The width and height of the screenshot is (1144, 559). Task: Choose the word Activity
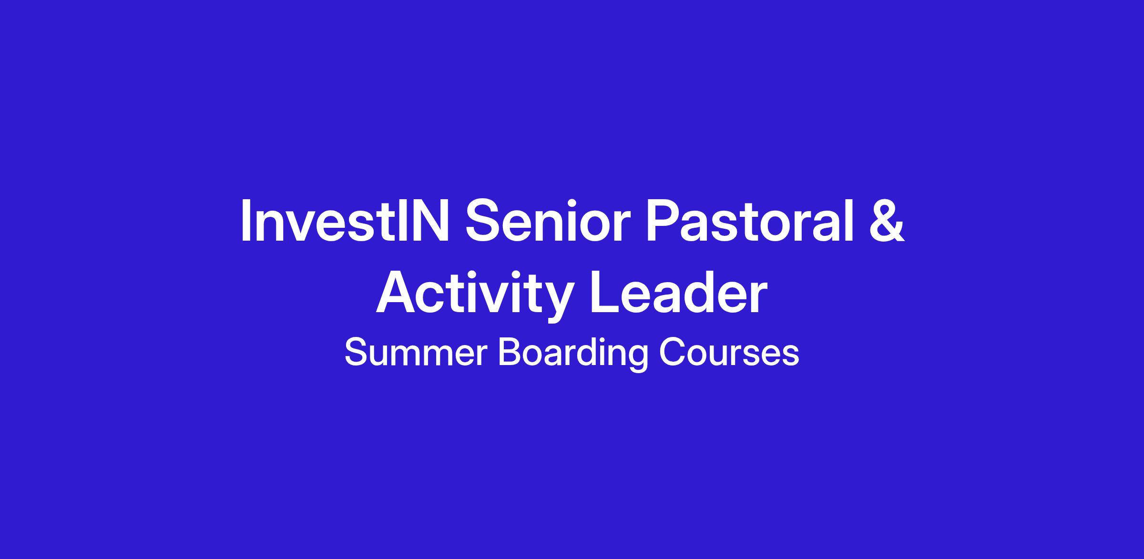[x=474, y=295]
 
